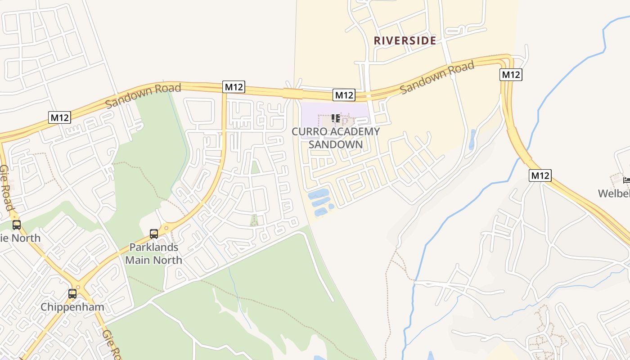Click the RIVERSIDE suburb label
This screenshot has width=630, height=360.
[x=405, y=40]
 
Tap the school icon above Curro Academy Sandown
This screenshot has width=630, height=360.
[x=335, y=118]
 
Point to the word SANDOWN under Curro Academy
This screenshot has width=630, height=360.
[x=336, y=144]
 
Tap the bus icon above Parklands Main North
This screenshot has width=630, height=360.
[x=154, y=234]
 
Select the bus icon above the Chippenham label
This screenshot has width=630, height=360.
[x=72, y=294]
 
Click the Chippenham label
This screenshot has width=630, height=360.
[x=72, y=307]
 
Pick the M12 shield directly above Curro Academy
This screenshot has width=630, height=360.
[x=344, y=95]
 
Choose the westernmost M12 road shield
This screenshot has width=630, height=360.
[x=60, y=118]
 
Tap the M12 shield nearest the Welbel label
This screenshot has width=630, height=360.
[x=540, y=175]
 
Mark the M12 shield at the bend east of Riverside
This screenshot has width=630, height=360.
[x=511, y=75]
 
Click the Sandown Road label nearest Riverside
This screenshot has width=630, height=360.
[x=437, y=78]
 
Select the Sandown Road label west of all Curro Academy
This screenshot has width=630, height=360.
[x=143, y=95]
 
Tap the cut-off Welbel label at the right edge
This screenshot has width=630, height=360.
[x=614, y=193]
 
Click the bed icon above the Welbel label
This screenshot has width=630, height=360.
[x=626, y=180]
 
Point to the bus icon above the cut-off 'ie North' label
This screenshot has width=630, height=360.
[x=17, y=225]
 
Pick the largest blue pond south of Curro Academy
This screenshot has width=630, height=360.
[x=318, y=194]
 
